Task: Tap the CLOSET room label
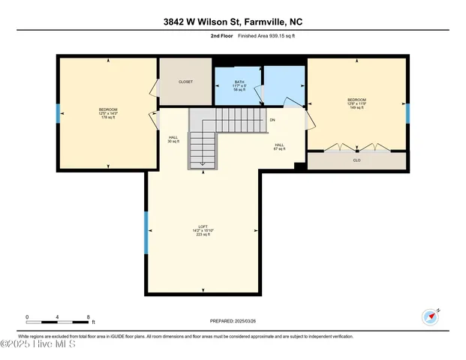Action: tap(185, 81)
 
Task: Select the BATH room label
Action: tap(239, 85)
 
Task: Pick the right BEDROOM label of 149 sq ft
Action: tap(356, 103)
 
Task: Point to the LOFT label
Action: tap(202, 230)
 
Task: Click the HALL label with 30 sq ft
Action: tap(173, 139)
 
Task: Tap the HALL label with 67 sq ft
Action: tap(279, 146)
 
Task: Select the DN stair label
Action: tap(272, 120)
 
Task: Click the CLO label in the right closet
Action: tap(356, 160)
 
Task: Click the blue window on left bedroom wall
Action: tap(58, 113)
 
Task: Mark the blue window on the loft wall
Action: tap(146, 232)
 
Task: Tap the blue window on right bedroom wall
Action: tap(408, 113)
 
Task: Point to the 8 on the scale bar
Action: tap(90, 316)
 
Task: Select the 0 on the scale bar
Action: tap(27, 316)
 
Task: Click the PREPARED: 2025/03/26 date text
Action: tap(233, 321)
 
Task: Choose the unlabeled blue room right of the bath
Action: tap(284, 85)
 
